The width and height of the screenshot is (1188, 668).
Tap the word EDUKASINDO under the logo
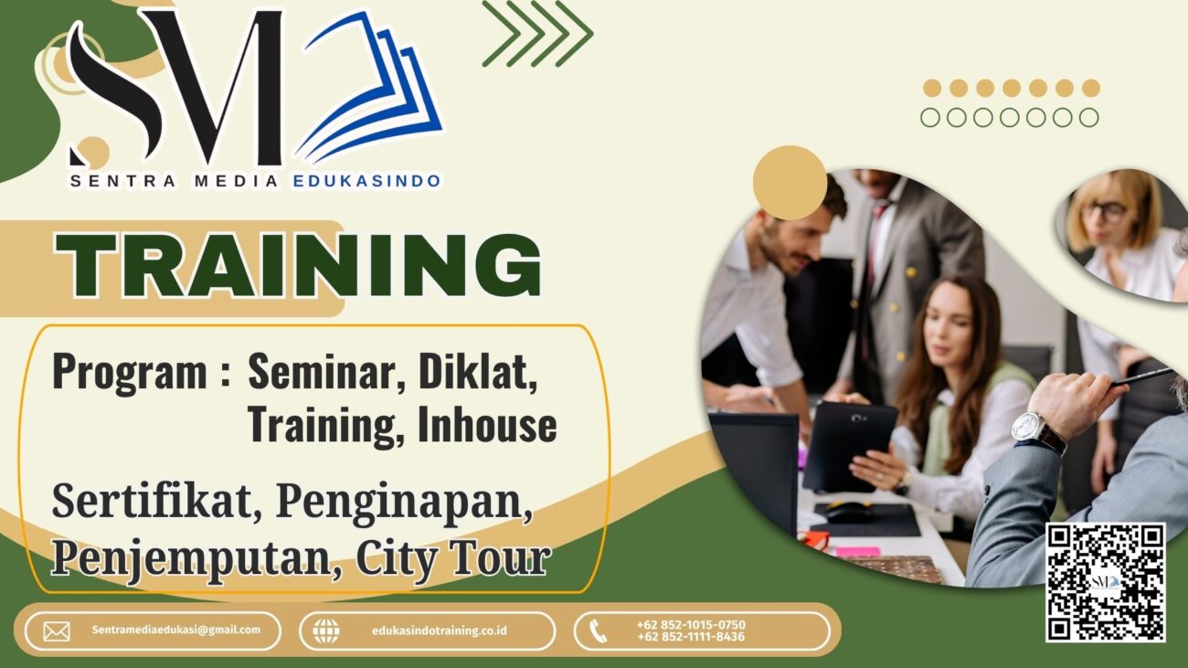tap(366, 181)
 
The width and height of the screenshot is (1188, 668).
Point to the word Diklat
tap(477, 371)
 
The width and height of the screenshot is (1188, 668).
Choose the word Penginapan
tap(404, 503)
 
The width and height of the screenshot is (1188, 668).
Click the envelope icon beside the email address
tap(57, 631)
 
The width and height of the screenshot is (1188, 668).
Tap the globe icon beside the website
tap(326, 631)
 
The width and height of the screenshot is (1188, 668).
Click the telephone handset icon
tap(598, 631)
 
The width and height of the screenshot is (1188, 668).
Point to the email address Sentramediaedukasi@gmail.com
tap(176, 630)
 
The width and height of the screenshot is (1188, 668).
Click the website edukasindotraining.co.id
tap(440, 631)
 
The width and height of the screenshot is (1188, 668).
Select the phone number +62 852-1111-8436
tap(691, 637)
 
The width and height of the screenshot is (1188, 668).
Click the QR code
tap(1106, 582)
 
